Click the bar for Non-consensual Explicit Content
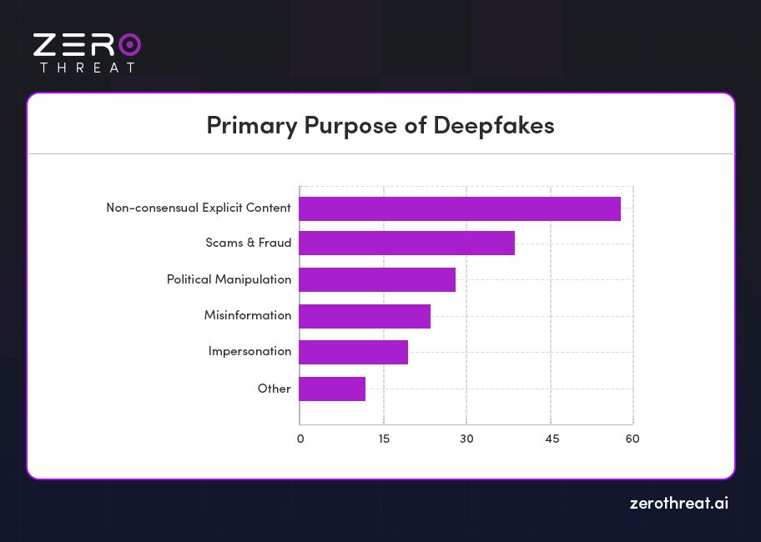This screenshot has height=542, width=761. tap(460, 208)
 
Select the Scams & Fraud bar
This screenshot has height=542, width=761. tap(406, 243)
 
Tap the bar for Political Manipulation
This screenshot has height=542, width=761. tap(377, 279)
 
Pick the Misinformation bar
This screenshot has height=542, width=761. tap(365, 316)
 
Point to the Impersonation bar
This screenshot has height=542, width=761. tap(353, 352)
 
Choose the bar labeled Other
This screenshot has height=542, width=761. tap(332, 389)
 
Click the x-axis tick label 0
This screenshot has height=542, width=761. tap(300, 439)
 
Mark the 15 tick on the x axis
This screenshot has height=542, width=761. tap(383, 439)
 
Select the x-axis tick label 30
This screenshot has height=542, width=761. tap(466, 439)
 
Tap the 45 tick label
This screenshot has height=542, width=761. tap(551, 439)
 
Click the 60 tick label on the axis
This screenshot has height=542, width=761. tap(632, 439)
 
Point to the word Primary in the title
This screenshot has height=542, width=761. tap(250, 126)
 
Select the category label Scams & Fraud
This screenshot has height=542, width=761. tap(249, 243)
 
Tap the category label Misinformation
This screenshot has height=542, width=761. tap(248, 315)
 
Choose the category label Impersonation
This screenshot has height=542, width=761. tap(249, 351)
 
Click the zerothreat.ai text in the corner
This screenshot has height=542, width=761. tap(678, 504)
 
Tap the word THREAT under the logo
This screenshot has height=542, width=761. tap(87, 68)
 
